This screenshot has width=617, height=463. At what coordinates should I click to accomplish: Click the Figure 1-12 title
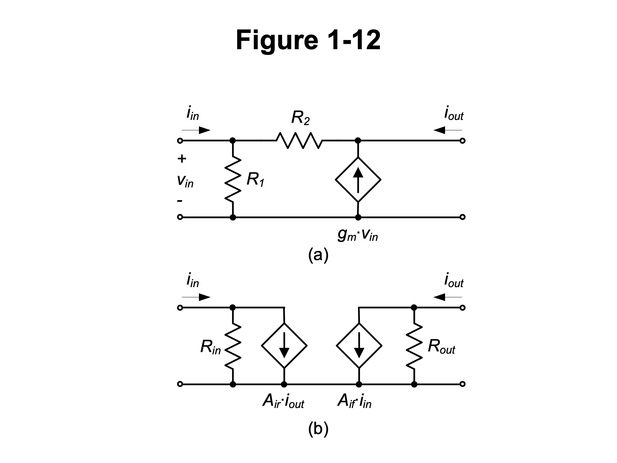tap(308, 40)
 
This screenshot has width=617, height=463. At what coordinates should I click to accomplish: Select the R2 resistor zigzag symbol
tap(299, 141)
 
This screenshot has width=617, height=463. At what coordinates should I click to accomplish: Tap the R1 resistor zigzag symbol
tap(233, 179)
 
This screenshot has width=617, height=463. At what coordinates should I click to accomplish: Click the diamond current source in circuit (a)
tap(358, 179)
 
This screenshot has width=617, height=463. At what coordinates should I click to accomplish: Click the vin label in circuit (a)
tap(185, 181)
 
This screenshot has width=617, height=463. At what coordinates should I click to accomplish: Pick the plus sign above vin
tap(182, 159)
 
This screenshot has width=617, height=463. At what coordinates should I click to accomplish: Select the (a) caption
tap(318, 255)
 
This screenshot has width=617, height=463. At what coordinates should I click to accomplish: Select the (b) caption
tap(318, 429)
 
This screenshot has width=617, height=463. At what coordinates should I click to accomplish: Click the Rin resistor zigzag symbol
tap(233, 346)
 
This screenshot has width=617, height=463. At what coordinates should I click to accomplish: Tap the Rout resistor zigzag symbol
tap(414, 346)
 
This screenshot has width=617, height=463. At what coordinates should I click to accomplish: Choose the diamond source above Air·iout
tap(284, 346)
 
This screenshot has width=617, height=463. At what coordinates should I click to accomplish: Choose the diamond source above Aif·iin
tap(359, 346)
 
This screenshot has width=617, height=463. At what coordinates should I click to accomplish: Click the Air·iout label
tap(283, 402)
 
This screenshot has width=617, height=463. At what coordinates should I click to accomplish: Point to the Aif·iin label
tap(354, 402)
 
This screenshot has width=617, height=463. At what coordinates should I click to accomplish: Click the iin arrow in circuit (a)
tap(196, 130)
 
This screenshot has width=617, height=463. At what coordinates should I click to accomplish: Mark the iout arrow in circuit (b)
tap(448, 297)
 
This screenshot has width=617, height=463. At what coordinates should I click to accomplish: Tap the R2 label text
tap(300, 118)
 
